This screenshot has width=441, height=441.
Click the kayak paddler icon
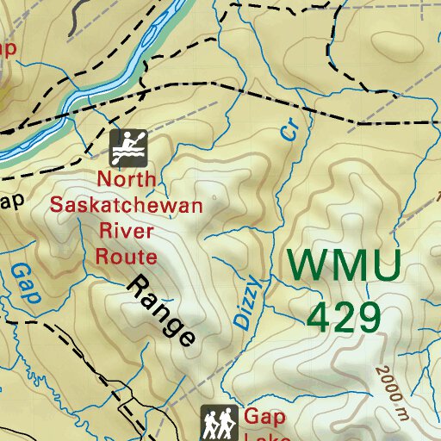point(128,147)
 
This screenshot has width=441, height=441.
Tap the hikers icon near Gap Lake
point(219,423)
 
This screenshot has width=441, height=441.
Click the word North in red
point(127,180)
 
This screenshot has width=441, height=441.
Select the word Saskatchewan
point(126,206)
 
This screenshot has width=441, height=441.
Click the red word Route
point(126,256)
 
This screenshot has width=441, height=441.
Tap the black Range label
point(162,310)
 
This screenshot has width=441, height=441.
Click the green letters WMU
point(343,265)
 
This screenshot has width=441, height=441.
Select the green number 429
point(344,318)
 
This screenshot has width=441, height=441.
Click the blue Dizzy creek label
point(246,302)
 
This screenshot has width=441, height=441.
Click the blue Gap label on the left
point(25,283)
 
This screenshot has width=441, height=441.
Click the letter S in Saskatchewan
point(58,206)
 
